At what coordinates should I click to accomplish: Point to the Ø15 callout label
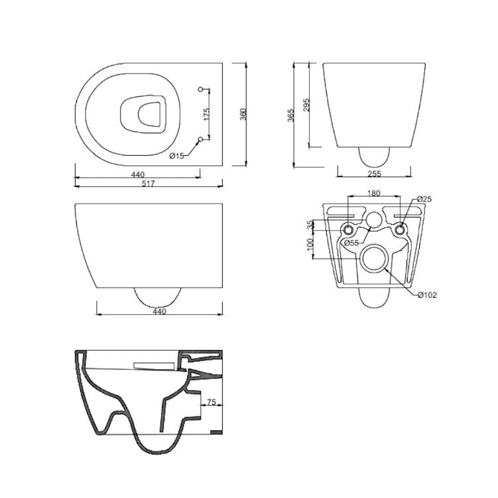[176, 156]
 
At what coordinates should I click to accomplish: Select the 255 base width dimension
[373, 174]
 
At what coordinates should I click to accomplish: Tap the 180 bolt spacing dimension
[373, 194]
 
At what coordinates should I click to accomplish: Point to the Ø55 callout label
[351, 243]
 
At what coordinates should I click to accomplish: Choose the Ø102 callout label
[427, 294]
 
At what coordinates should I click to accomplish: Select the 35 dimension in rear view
[309, 224]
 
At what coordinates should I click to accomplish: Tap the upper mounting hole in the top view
[201, 89]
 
